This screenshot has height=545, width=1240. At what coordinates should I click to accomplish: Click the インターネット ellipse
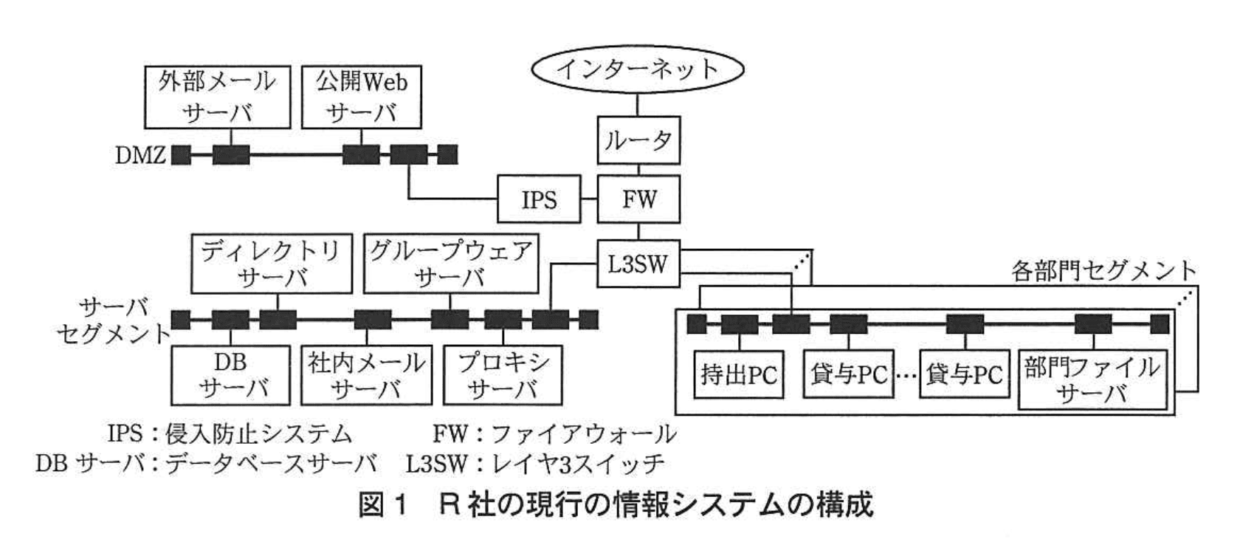(637, 69)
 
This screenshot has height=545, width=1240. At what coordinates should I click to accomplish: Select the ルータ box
(638, 140)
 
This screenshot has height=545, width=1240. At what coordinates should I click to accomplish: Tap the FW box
(638, 199)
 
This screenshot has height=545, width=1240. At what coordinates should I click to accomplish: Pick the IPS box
(539, 199)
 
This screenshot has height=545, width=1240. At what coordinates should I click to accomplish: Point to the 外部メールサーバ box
(217, 97)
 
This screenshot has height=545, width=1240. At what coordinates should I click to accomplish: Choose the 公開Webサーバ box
(362, 97)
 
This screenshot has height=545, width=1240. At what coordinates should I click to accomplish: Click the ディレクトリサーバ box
(271, 264)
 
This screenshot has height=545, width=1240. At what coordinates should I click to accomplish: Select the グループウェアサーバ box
(451, 264)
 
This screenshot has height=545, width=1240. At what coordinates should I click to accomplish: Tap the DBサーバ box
(231, 375)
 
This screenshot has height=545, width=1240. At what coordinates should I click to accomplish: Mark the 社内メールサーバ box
(367, 375)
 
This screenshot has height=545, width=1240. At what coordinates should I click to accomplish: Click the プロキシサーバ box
(503, 375)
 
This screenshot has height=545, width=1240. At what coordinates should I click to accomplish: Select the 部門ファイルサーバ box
(1093, 380)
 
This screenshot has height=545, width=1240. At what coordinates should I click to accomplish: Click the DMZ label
(140, 156)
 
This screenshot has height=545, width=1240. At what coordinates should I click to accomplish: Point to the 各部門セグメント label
(1103, 271)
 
